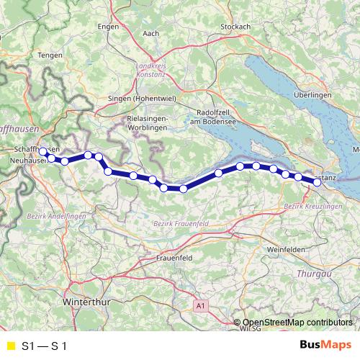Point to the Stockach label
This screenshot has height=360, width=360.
point(235,27)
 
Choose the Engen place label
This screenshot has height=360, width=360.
point(107,27)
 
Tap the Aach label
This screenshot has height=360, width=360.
point(151,33)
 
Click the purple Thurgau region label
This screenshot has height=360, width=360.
point(313,274)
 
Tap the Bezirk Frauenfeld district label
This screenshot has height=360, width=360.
point(181,225)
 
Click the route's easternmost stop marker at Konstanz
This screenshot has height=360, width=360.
point(317,182)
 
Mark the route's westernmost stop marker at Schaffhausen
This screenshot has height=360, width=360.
point(42,152)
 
